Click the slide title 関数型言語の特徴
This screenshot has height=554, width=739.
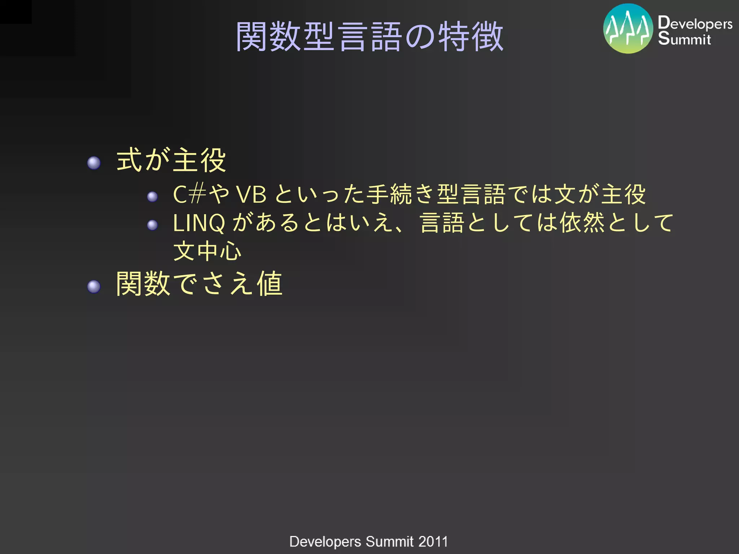(369, 37)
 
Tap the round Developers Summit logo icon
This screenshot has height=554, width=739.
(628, 29)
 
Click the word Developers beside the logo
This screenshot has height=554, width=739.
(695, 23)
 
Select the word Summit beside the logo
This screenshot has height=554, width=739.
(684, 39)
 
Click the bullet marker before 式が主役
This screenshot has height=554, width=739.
(94, 163)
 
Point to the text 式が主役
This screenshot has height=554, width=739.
(171, 161)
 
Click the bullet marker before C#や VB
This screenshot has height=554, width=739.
(152, 197)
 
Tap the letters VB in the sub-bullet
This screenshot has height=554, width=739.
(252, 195)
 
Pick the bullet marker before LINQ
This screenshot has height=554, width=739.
(152, 225)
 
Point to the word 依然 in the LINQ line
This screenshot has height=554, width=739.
(582, 223)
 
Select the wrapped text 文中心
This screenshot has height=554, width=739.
(207, 251)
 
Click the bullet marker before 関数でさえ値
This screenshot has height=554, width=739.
(94, 287)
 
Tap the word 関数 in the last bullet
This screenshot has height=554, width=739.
(143, 284)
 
